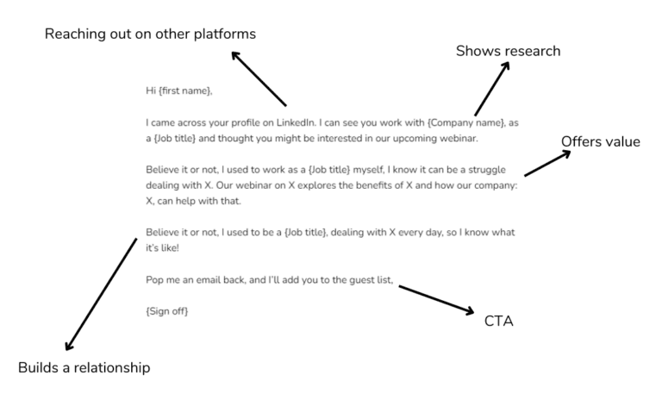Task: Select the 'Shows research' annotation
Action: coord(508,52)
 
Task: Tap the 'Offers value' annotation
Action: coord(600,141)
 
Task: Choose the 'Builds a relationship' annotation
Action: coord(84,368)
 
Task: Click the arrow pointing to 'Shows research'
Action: coord(492,90)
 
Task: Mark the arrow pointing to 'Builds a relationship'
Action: coord(100,294)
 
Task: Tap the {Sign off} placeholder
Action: coord(167,309)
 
